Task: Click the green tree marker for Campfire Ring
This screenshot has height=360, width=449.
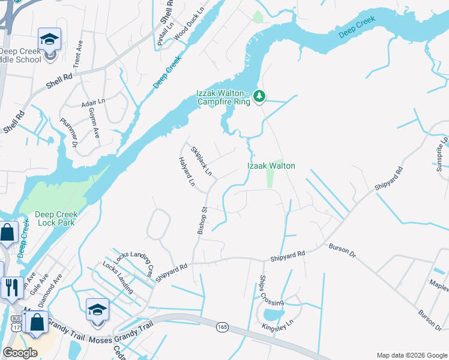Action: (x=259, y=96)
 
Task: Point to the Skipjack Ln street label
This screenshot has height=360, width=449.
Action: (x=202, y=161)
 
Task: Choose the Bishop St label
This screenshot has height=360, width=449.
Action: (x=203, y=220)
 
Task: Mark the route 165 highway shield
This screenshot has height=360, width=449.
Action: (x=223, y=326)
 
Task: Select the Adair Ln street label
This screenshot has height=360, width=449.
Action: (x=93, y=103)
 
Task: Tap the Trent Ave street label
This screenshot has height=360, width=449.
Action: (x=77, y=58)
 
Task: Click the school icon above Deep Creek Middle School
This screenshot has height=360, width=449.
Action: (x=49, y=40)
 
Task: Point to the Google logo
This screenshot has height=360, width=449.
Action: (x=20, y=352)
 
